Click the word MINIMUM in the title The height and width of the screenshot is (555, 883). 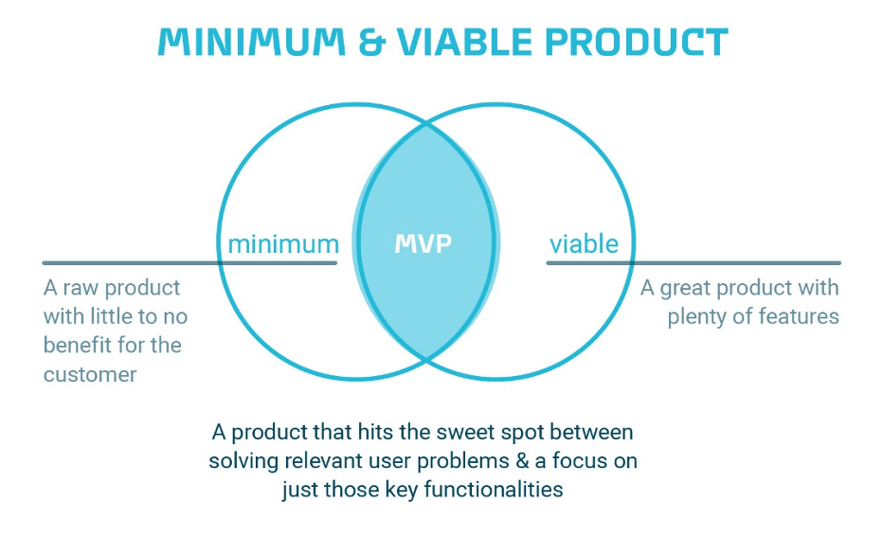[x=252, y=43]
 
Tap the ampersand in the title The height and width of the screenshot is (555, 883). [x=372, y=43]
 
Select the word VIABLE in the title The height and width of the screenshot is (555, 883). [x=464, y=43]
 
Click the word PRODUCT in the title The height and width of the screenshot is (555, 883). [x=637, y=43]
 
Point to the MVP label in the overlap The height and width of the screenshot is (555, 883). [x=423, y=243]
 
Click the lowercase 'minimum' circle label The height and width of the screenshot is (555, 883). [x=283, y=244]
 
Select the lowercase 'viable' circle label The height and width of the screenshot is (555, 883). [x=584, y=243]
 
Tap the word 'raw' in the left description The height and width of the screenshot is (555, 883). [x=81, y=288]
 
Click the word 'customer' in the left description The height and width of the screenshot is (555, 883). [x=90, y=374]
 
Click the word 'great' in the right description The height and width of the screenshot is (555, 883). [x=685, y=288]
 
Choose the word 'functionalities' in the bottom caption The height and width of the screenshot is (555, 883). [x=494, y=489]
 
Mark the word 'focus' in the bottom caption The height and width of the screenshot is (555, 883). [x=580, y=461]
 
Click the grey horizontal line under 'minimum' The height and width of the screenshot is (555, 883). [x=189, y=263]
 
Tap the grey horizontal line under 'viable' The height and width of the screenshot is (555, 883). [x=694, y=263]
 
